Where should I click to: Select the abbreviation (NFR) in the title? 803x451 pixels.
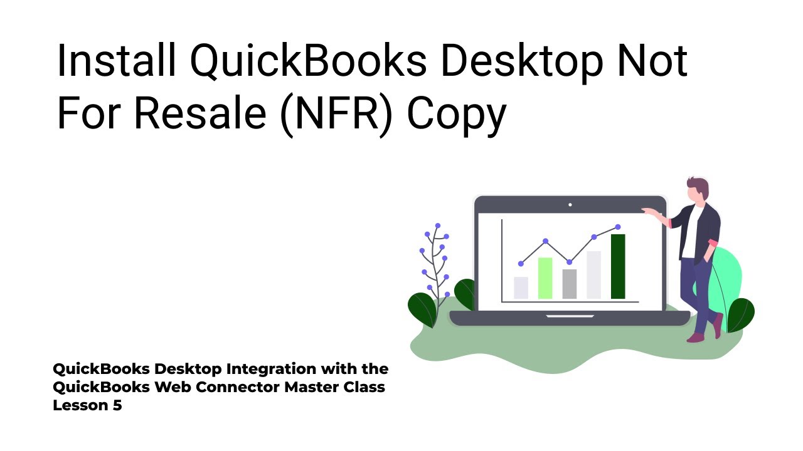336,115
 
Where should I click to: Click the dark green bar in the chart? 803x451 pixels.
618,266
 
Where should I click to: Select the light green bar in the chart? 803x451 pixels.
545,278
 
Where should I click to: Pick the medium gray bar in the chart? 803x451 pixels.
569,284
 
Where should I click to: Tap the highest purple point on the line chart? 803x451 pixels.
618,227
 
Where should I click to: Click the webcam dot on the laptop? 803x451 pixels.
570,205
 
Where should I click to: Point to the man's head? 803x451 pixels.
698,190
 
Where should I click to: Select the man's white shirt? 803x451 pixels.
689,235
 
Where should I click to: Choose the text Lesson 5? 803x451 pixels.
87,405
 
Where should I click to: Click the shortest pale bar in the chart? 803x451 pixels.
521,288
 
